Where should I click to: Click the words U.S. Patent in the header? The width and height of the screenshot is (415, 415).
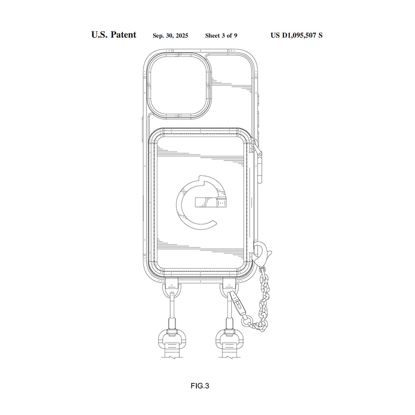[113, 35]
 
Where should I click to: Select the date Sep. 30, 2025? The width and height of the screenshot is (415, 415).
[170, 36]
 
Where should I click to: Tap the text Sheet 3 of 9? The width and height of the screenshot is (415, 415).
[221, 36]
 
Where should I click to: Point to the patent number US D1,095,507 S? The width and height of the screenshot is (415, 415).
[296, 35]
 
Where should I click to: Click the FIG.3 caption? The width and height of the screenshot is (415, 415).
[200, 386]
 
